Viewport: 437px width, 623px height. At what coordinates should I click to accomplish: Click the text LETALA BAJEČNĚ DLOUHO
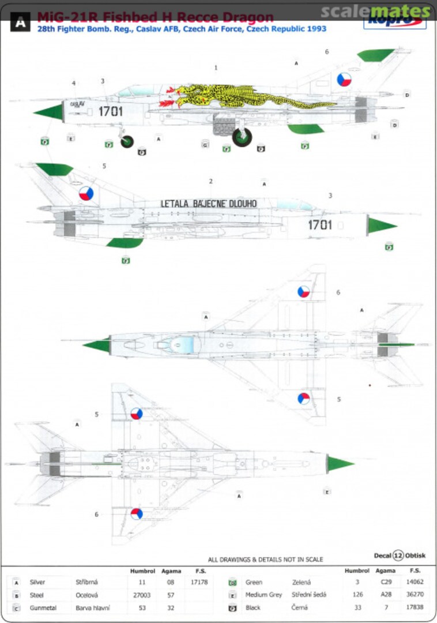209,203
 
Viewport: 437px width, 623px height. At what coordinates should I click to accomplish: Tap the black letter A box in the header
20,22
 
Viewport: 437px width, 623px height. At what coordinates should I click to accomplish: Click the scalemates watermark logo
375,11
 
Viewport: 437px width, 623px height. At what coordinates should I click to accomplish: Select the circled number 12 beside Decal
398,556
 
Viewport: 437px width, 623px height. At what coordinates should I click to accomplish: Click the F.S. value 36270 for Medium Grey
415,595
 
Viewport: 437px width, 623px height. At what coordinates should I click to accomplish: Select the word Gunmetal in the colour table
42,607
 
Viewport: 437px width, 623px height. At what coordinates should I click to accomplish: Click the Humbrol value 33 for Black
357,607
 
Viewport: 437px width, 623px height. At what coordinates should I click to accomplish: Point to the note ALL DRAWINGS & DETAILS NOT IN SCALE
265,560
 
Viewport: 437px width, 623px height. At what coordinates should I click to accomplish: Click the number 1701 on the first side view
110,111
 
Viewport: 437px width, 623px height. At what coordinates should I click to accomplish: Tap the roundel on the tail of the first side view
344,80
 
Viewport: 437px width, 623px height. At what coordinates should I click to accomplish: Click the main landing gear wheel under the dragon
242,137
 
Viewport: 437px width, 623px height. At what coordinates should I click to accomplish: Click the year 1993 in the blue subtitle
316,28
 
